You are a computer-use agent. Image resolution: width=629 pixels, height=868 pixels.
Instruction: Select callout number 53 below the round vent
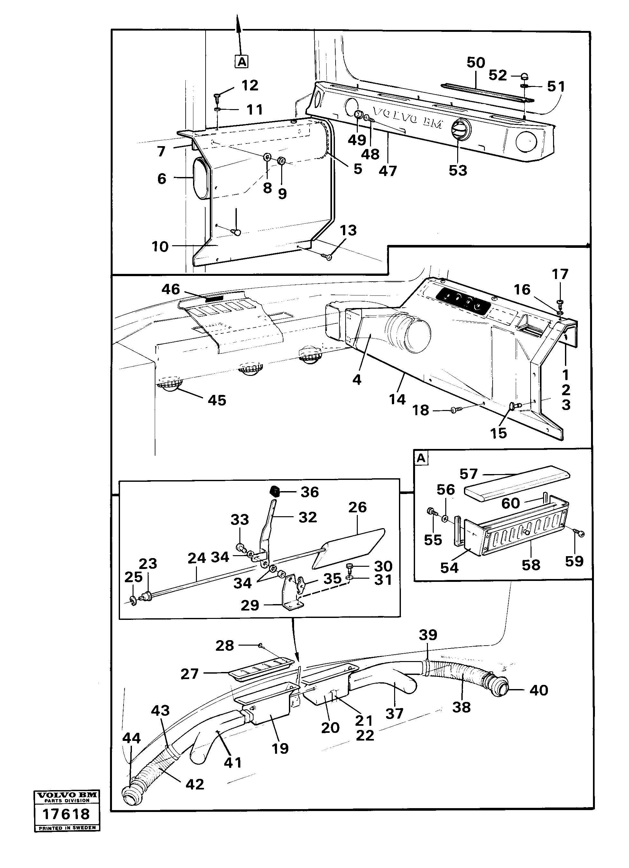(458, 171)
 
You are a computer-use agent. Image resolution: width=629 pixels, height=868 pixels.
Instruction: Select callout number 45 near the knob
(217, 400)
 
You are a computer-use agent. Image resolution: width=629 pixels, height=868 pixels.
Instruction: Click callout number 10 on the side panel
(160, 247)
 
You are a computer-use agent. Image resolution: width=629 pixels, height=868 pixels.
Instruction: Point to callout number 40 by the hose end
(539, 690)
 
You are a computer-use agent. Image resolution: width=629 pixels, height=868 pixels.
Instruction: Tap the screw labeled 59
(580, 534)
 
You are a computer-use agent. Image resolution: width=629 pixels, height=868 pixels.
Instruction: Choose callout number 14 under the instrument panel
(397, 399)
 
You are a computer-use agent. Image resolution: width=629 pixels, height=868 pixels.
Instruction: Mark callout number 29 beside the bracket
(250, 605)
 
